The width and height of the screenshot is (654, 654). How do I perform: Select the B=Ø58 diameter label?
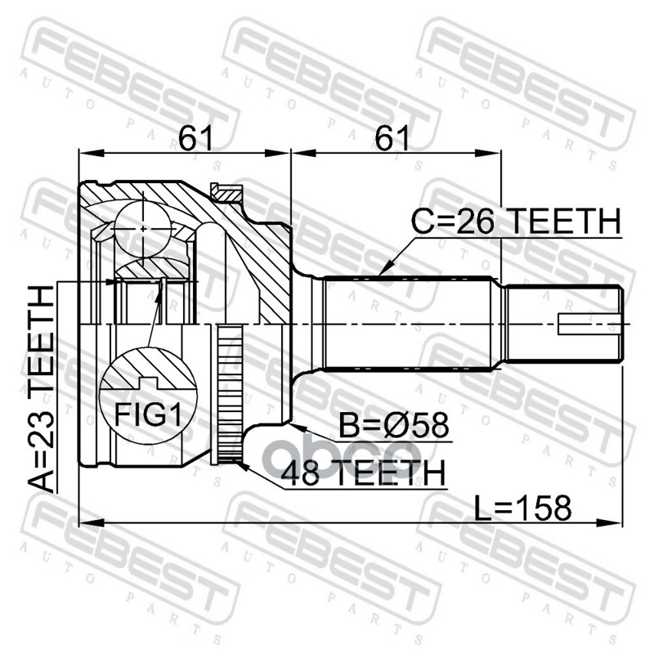pos(396,428)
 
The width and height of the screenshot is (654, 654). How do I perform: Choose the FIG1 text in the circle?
pos(146,415)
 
